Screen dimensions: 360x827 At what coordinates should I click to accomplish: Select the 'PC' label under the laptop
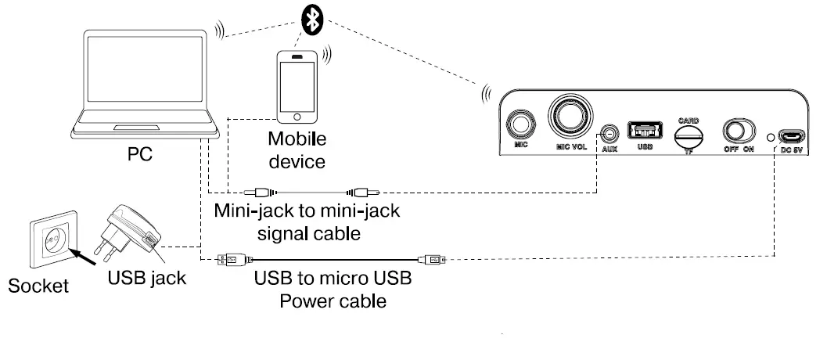140,155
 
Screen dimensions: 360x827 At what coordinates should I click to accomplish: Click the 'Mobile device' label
297,151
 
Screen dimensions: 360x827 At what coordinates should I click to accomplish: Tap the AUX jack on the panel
610,133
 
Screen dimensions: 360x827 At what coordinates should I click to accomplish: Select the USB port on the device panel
645,131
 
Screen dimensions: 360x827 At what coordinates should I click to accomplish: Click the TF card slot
689,134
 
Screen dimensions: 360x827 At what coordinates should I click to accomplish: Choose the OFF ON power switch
737,131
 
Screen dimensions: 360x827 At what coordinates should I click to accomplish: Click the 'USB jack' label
148,277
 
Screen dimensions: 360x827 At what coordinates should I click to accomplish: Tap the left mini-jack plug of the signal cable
261,190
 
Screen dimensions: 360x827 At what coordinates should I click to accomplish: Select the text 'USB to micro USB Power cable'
333,290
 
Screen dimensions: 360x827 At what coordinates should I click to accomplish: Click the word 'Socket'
38,286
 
